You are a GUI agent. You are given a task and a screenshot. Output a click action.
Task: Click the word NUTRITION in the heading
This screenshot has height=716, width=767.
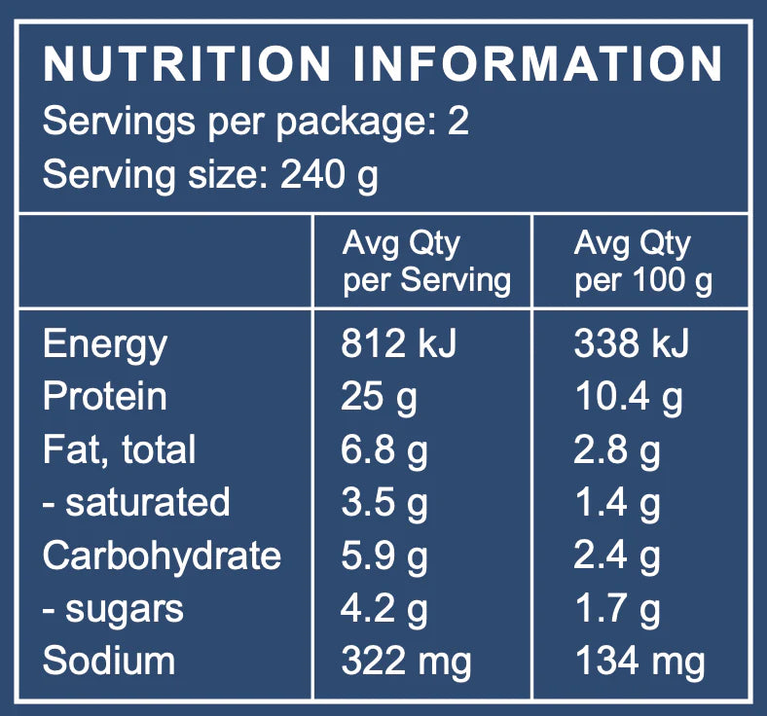pyautogui.click(x=188, y=65)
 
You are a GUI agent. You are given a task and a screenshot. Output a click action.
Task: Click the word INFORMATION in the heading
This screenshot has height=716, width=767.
pyautogui.click(x=537, y=65)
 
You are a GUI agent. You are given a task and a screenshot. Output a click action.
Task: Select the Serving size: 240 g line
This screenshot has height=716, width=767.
pyautogui.click(x=210, y=175)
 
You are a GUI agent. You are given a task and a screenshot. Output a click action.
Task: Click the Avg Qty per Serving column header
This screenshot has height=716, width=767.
pyautogui.click(x=425, y=262)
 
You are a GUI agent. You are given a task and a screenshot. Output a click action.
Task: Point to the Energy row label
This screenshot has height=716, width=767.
pyautogui.click(x=105, y=344)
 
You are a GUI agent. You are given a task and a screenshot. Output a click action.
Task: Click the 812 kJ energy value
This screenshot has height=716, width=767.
pyautogui.click(x=398, y=344)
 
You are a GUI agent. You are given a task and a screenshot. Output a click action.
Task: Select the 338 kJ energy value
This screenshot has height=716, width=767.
pyautogui.click(x=631, y=344)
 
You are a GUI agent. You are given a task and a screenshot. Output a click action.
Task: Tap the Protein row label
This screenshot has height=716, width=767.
pyautogui.click(x=105, y=397)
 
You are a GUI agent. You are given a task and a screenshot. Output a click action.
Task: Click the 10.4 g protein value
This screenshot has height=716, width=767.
pyautogui.click(x=628, y=397)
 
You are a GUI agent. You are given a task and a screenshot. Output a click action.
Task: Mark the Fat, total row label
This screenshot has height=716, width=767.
pyautogui.click(x=119, y=449)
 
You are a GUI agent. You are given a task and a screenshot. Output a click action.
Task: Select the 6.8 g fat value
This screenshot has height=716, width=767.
pyautogui.click(x=384, y=449)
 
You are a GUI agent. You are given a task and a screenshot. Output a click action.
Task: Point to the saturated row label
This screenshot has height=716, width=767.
pyautogui.click(x=136, y=502)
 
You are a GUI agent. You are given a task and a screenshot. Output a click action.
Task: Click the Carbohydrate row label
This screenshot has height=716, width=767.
pyautogui.click(x=162, y=555)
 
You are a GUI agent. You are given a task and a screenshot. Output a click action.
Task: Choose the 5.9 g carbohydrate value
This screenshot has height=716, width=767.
pyautogui.click(x=384, y=555)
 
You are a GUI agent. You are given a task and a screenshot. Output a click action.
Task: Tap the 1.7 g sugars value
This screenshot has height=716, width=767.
pyautogui.click(x=617, y=609)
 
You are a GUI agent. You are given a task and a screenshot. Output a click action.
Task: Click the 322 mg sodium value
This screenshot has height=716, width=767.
pyautogui.click(x=406, y=662)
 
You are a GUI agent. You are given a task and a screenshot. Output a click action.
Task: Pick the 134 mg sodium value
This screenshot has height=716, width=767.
pyautogui.click(x=639, y=662)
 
